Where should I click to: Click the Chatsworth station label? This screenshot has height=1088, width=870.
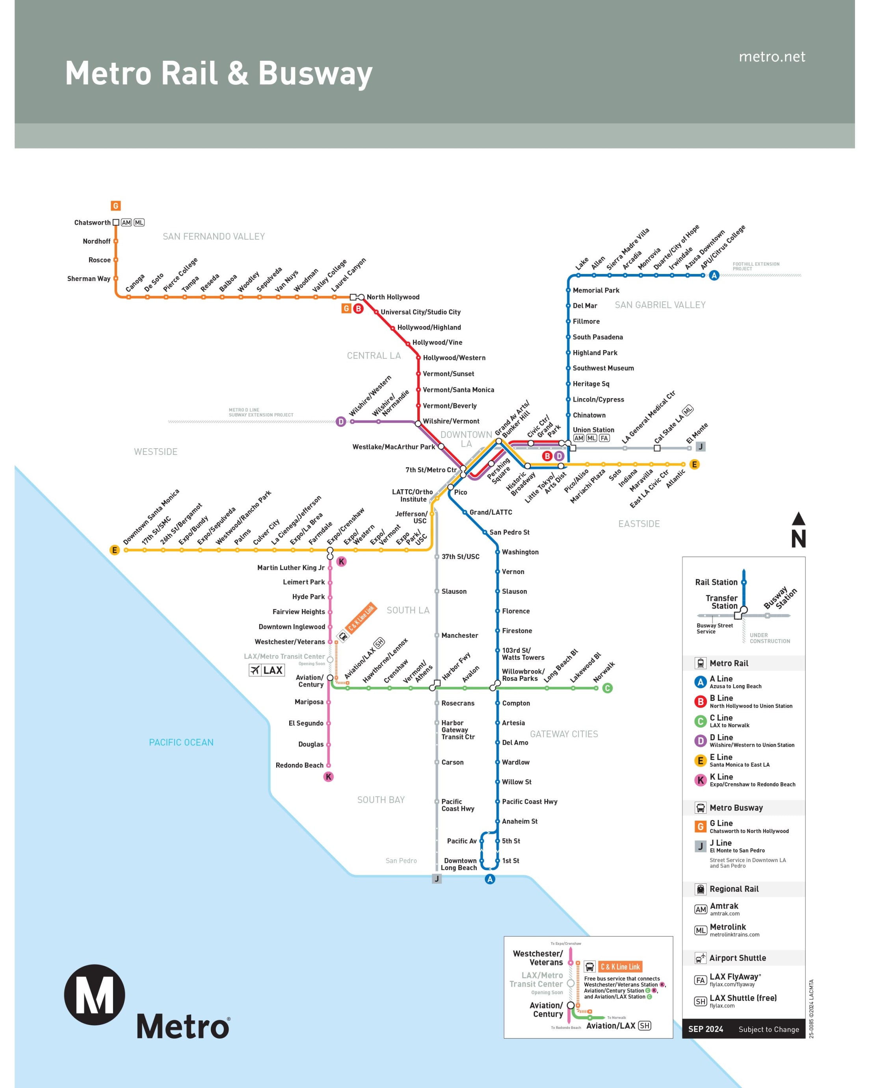[x=92, y=223]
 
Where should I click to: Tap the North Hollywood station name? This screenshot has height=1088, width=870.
[x=393, y=297]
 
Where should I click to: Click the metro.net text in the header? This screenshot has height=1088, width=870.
[x=771, y=56]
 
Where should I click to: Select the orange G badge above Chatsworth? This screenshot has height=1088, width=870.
[x=115, y=205]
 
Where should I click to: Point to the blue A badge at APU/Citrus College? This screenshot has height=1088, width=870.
[x=714, y=276]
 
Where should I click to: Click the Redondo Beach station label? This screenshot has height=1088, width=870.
[x=299, y=765]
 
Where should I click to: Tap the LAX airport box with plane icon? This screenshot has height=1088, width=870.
[x=267, y=670]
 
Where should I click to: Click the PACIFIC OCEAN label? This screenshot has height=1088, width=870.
[x=181, y=742]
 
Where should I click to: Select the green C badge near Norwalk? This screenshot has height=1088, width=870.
[x=607, y=688]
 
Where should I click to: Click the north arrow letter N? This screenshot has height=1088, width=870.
[x=798, y=538]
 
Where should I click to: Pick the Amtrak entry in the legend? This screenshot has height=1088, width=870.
[x=724, y=906]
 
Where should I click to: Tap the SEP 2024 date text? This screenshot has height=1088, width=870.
[x=706, y=1029]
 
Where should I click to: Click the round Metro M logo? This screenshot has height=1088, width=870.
[x=95, y=995]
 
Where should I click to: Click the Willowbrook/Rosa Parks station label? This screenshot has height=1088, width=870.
[x=523, y=675]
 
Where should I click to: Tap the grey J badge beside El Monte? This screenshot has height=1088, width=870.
[x=700, y=447]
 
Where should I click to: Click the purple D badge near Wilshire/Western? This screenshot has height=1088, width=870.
[x=341, y=421]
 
